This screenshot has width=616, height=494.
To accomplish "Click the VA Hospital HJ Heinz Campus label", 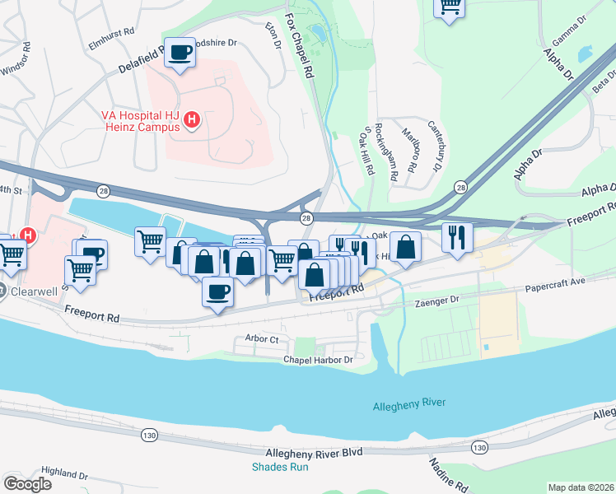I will [140, 122].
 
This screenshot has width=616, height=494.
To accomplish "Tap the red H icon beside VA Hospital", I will [192, 122].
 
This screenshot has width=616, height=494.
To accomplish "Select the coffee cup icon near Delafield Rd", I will [180, 52].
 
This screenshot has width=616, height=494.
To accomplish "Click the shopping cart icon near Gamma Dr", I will [449, 5].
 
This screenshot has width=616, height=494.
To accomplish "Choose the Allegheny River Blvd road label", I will [315, 453].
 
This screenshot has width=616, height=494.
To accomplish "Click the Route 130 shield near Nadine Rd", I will [479, 446].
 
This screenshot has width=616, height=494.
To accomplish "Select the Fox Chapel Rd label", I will [300, 45].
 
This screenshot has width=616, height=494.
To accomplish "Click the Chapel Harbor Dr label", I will [318, 360].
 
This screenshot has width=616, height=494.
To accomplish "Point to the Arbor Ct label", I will [262, 339].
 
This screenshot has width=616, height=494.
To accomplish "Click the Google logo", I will [27, 483].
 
